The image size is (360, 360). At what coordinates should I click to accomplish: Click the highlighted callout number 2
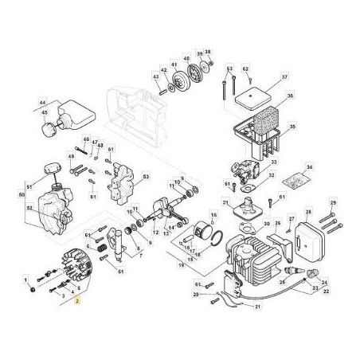pos(77,303)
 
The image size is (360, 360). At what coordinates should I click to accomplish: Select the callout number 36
pos(291,96)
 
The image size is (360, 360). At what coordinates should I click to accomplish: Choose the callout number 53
pos(146,176)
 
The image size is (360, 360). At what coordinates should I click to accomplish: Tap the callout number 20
pos(195,294)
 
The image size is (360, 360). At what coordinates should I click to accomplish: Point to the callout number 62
pos(246,69)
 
